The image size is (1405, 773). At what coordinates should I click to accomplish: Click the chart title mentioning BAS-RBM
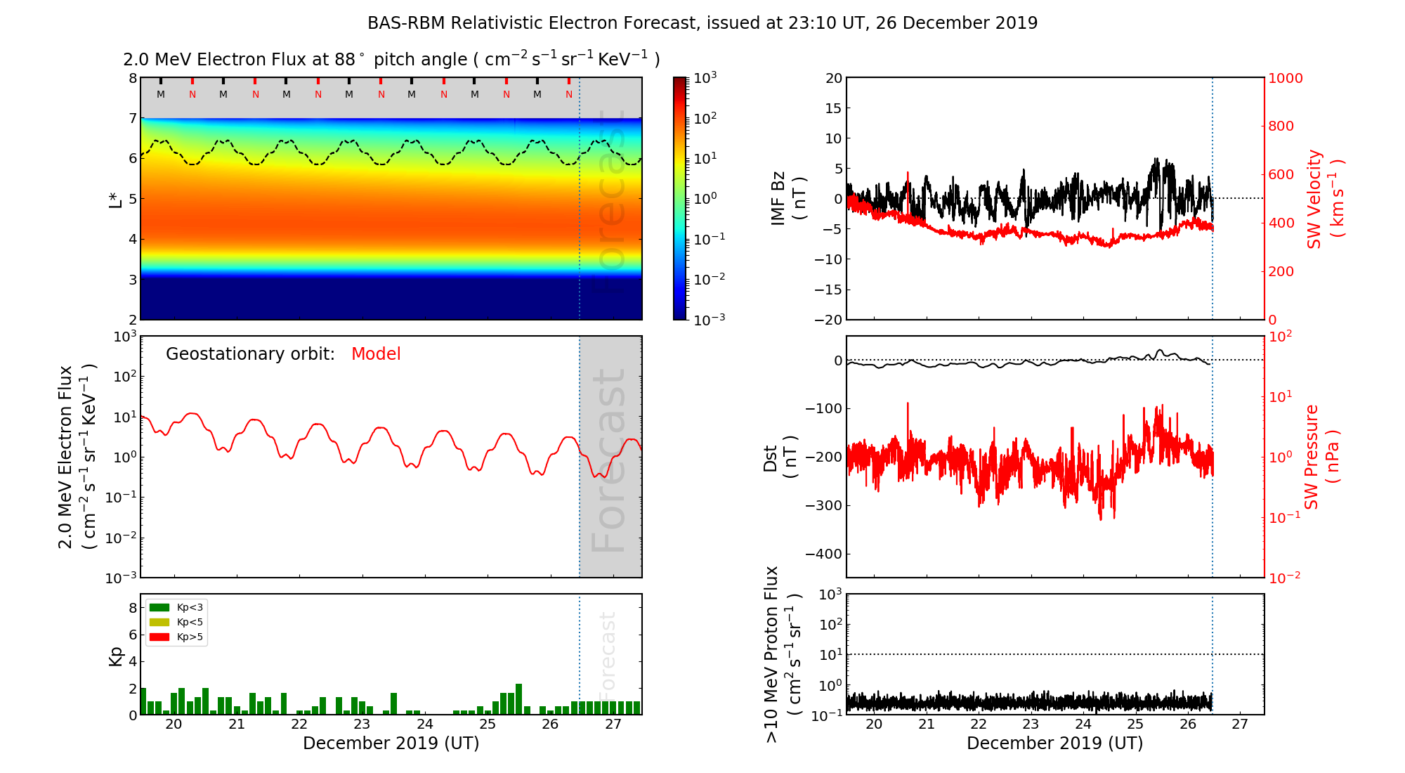click(702, 23)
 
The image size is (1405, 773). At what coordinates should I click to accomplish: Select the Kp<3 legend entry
click(176, 607)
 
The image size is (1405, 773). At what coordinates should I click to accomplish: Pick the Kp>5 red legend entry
click(176, 637)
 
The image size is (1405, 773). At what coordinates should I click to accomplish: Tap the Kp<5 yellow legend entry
click(176, 622)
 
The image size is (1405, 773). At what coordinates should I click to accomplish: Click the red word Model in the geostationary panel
click(376, 354)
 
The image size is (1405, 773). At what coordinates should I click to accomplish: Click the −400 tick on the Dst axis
click(823, 554)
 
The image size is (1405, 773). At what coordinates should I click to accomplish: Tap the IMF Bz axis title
click(788, 198)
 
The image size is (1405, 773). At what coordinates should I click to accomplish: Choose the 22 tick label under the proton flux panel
click(979, 725)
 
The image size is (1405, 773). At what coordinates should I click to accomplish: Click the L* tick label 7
click(132, 118)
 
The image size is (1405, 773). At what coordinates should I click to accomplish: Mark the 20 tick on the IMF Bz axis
click(833, 78)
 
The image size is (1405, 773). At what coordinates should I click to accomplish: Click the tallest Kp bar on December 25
click(518, 699)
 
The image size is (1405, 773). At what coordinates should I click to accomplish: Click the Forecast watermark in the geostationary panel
click(608, 460)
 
